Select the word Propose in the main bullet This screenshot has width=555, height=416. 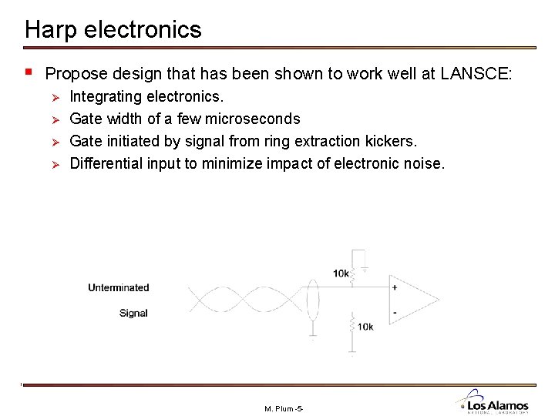click(76, 75)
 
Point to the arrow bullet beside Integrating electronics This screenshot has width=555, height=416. click(54, 97)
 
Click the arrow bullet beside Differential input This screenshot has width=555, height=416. click(54, 163)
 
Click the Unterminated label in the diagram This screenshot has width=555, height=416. click(118, 288)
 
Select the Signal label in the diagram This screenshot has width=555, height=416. click(133, 313)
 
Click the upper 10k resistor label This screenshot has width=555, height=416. click(341, 273)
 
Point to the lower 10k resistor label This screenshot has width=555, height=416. click(365, 327)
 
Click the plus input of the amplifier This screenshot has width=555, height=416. click(395, 287)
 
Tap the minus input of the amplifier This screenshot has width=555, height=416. click(395, 313)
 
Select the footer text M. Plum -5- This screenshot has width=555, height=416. click(284, 408)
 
